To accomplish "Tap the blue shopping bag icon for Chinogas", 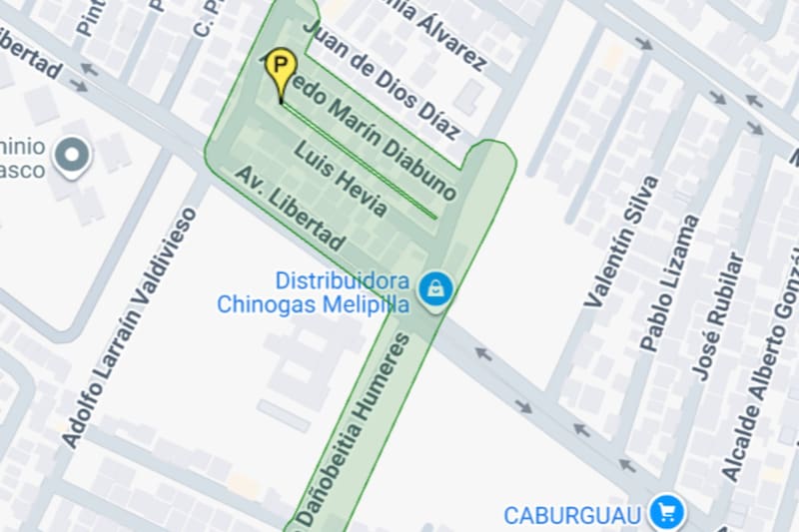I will tap(435, 290).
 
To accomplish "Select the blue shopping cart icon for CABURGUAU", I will tap(666, 513).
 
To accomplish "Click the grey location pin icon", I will tap(72, 156).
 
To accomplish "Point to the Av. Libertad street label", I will tap(290, 210).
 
